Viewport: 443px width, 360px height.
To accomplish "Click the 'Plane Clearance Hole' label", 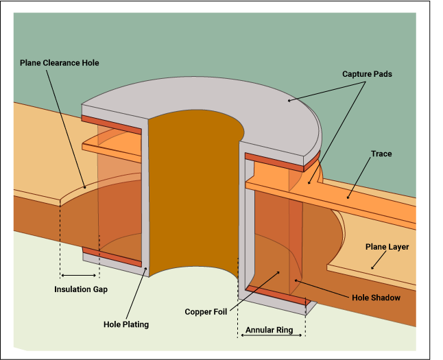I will [59, 63].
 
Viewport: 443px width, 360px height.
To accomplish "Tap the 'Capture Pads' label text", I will [367, 73].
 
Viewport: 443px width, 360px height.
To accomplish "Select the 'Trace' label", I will [381, 154].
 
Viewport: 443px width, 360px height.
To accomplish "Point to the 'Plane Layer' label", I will [387, 247].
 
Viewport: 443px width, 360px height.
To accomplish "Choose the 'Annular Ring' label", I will [270, 330].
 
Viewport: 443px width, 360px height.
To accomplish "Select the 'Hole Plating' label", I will [125, 324].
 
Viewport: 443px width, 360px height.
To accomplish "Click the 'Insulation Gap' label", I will [81, 289].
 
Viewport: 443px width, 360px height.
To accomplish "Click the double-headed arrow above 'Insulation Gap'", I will [80, 275].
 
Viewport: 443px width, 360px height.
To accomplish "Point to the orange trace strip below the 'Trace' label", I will [370, 206].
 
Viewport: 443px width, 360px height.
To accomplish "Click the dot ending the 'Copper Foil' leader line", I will [278, 272].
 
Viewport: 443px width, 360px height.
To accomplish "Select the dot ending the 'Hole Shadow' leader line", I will [296, 280].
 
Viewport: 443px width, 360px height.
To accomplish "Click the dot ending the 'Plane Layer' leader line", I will [371, 267].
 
